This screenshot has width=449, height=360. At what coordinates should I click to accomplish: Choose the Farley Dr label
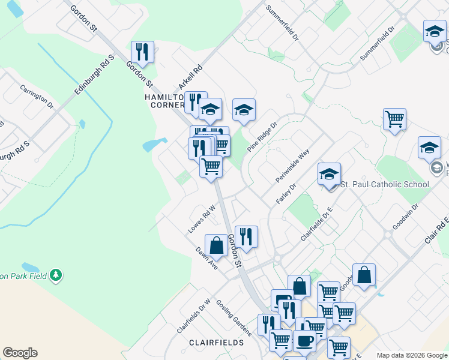287,193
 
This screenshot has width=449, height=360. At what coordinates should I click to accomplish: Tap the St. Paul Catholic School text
385,184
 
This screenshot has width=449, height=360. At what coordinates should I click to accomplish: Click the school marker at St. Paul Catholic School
329,175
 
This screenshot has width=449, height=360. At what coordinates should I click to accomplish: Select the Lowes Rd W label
201,220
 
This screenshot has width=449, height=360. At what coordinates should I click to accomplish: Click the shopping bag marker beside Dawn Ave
216,246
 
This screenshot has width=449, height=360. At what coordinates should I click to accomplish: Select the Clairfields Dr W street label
194,316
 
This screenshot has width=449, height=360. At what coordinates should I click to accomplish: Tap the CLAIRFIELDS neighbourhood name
216,343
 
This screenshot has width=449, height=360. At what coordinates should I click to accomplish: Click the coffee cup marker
304,341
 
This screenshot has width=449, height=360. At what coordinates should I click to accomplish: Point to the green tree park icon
56,275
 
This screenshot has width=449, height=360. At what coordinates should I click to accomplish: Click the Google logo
20,353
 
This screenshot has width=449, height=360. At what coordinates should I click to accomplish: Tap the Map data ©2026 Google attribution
411,355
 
